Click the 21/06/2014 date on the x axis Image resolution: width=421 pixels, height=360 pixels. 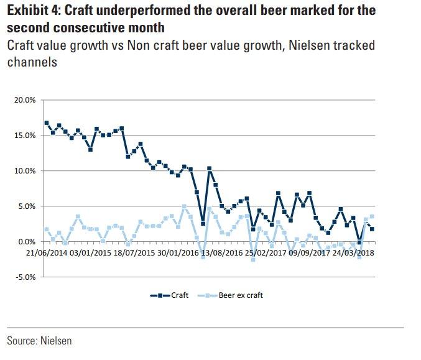(47, 253)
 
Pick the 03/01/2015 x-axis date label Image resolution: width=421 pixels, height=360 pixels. (91, 253)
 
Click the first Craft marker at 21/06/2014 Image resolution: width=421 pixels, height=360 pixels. (47, 122)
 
